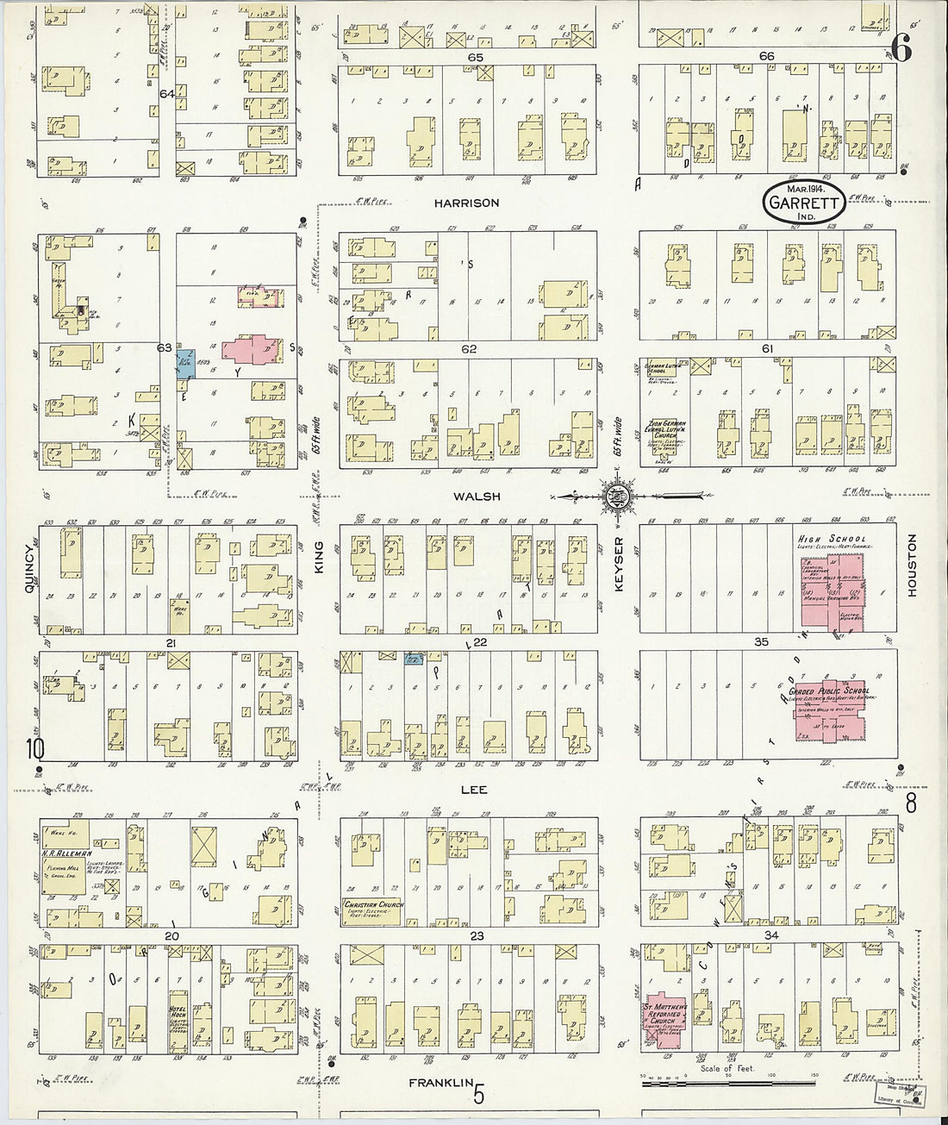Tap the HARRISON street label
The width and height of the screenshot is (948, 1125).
pos(466,203)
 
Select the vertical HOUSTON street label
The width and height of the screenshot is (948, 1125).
pos(912,565)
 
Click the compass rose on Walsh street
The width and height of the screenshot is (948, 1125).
pos(618,497)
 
